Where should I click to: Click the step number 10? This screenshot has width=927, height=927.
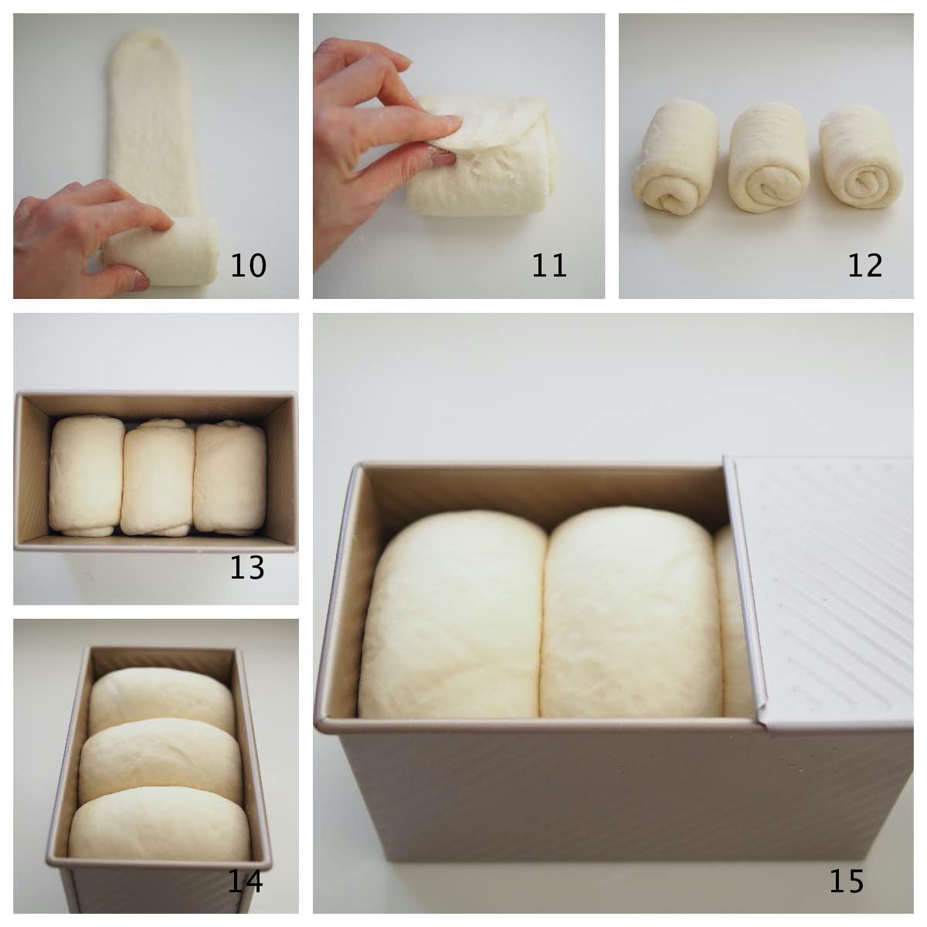click(x=248, y=266)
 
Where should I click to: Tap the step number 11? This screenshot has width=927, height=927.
click(x=548, y=266)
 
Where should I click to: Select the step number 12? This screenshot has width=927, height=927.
click(x=864, y=266)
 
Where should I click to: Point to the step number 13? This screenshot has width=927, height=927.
click(x=247, y=569)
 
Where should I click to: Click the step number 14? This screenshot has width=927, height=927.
click(x=245, y=881)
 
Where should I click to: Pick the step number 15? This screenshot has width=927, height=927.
click(x=846, y=881)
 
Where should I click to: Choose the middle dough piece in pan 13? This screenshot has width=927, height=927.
click(x=158, y=479)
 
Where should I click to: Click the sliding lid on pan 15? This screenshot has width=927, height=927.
click(x=827, y=587)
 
